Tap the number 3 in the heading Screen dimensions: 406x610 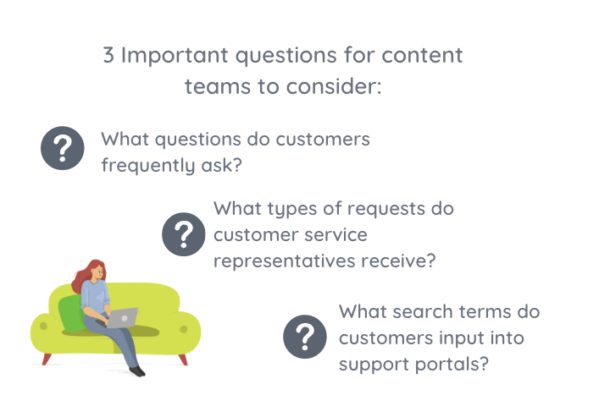108,57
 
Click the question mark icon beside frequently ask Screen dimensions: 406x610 63,150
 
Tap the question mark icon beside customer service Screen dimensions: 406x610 184,233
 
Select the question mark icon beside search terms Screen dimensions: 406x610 305,337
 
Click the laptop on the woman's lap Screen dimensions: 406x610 122,318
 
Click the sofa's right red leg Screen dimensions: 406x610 182,359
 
